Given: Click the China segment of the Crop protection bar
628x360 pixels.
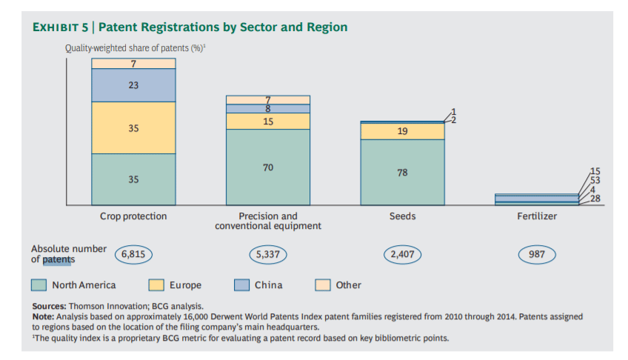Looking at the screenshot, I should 133,85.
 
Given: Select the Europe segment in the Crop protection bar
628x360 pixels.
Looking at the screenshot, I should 133,127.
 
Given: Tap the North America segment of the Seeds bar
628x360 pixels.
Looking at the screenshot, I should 402,172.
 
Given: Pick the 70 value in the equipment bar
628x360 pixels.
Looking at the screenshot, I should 267,167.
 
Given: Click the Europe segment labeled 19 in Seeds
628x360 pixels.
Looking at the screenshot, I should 402,131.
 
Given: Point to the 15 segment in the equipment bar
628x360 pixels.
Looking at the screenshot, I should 267,121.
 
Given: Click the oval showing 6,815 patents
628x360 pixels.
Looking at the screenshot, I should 134,254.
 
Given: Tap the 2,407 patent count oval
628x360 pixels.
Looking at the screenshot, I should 402,254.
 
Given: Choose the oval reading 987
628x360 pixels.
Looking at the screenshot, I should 536,254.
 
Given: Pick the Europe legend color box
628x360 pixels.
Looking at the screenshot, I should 156,285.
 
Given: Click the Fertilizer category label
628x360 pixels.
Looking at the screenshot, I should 536,216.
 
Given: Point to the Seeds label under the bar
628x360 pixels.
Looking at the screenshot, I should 402,216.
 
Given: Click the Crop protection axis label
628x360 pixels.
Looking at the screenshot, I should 133,216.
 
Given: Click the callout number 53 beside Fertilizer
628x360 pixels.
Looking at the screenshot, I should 595,180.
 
